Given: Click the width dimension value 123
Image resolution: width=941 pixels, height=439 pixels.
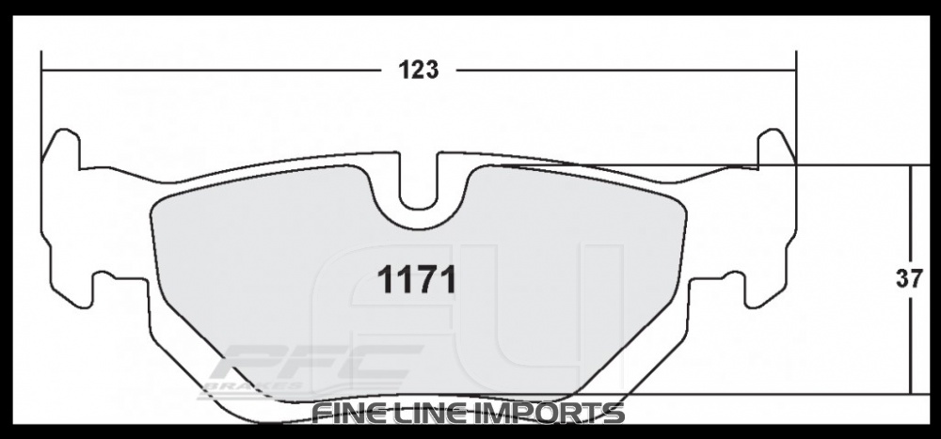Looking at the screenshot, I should click(419, 71).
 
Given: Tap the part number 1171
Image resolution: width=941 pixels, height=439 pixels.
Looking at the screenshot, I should click(417, 279).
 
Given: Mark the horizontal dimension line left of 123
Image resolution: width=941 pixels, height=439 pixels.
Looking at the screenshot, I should click(207, 71).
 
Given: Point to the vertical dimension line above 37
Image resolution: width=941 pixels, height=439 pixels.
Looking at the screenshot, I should click(910, 216).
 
